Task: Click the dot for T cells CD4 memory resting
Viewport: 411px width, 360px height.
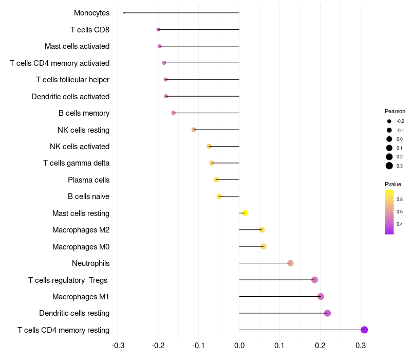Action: (364, 330)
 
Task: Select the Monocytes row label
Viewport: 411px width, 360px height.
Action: (91, 13)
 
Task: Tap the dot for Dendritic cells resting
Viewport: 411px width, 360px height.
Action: (327, 313)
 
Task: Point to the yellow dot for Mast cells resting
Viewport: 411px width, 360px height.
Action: (245, 213)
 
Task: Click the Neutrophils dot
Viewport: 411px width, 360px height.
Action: (290, 263)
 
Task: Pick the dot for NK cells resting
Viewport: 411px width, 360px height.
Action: (194, 130)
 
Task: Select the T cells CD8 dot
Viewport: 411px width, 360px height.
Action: (158, 30)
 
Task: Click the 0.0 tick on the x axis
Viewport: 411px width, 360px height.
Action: (239, 344)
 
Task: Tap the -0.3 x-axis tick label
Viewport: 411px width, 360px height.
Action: (118, 344)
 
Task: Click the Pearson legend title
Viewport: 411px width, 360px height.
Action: (395, 111)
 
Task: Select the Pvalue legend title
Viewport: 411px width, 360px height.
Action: (393, 184)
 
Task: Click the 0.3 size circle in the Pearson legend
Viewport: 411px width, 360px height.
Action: (389, 166)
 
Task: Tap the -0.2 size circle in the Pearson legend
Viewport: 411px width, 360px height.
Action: (389, 121)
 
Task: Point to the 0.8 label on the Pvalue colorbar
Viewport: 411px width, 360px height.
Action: (399, 199)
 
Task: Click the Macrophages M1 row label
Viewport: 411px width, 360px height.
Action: (81, 297)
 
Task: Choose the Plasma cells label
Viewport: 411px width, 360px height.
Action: (88, 180)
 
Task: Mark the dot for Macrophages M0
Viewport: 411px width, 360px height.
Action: (264, 246)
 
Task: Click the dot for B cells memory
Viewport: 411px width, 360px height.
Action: (173, 113)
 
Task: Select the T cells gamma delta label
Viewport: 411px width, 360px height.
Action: (76, 163)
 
